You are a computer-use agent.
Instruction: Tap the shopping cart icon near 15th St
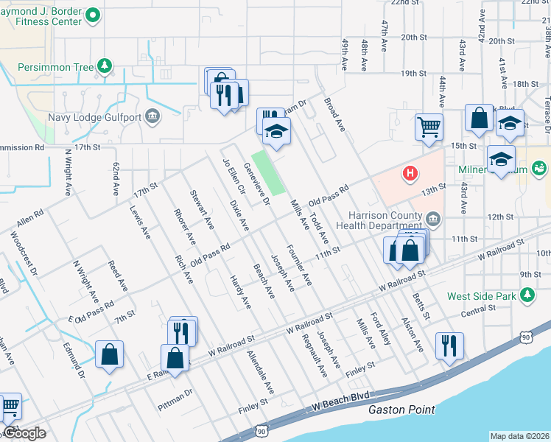(428, 127)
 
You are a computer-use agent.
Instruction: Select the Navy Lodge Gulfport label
(94, 116)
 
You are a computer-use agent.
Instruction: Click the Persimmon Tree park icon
(105, 67)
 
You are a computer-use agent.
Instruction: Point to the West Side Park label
(482, 297)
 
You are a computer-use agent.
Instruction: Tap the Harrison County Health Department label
(383, 223)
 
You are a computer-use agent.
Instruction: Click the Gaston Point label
(401, 410)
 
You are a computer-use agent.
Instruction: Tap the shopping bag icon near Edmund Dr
(109, 354)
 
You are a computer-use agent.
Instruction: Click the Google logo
(24, 433)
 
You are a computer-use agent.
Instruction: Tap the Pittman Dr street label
(175, 399)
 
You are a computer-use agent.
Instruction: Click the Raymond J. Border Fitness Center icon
(93, 14)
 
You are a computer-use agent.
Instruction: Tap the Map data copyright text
(519, 436)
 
